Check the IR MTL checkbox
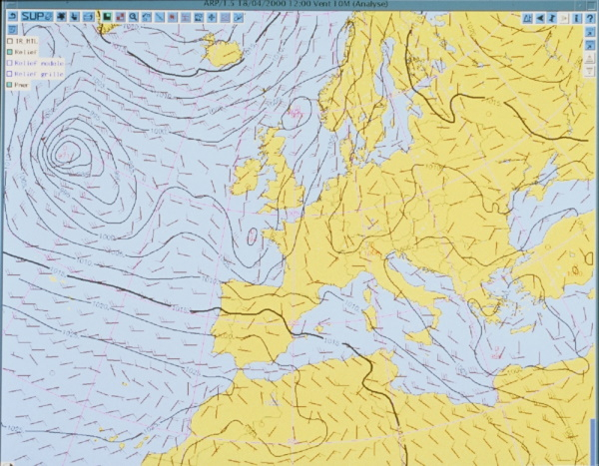pos(10,40)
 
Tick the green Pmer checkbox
pos(10,85)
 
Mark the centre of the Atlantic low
pos(66,152)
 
